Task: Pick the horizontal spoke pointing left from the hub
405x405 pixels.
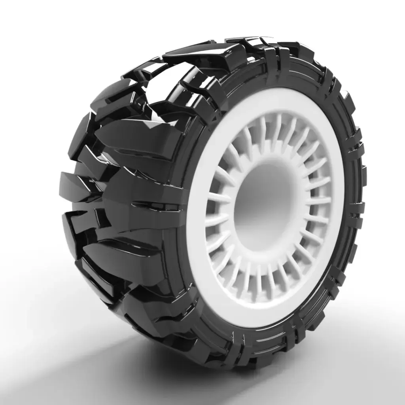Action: (218, 198)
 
